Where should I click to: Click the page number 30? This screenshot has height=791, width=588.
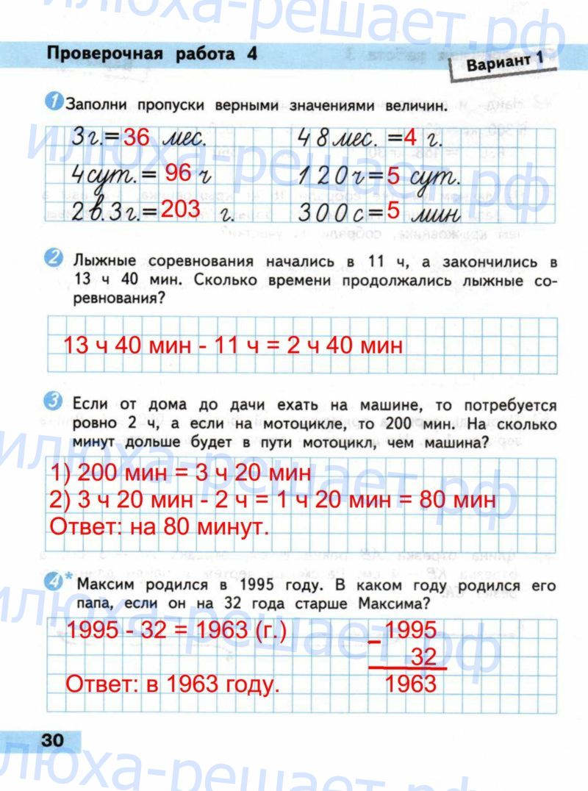click(x=53, y=740)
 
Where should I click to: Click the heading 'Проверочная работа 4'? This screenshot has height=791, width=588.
click(x=151, y=54)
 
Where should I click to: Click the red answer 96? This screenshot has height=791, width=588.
click(x=178, y=173)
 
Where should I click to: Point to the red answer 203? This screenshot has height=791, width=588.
click(x=181, y=210)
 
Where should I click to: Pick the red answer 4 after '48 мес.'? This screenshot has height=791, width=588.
click(x=410, y=137)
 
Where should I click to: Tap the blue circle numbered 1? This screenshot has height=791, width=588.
click(x=55, y=104)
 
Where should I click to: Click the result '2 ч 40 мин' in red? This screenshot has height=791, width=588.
click(x=345, y=344)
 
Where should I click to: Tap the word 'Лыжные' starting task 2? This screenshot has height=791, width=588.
click(x=107, y=262)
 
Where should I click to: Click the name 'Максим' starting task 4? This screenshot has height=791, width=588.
click(x=110, y=585)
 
